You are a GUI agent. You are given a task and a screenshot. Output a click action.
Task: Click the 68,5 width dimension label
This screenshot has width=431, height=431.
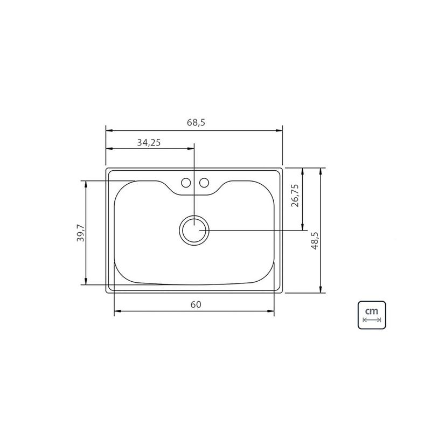click(196, 122)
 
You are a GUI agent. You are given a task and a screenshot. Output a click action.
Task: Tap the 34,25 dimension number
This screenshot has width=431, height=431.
click(149, 142)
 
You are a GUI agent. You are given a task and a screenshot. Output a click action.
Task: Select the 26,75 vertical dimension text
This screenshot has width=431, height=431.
click(295, 196)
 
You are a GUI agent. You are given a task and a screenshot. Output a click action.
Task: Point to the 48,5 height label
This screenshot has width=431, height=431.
click(315, 240)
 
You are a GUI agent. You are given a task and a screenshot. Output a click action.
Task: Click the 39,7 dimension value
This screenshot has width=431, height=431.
click(80, 233)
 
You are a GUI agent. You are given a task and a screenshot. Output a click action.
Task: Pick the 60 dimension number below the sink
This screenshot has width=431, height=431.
click(196, 304)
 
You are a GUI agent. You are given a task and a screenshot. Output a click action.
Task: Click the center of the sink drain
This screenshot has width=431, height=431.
click(194, 231)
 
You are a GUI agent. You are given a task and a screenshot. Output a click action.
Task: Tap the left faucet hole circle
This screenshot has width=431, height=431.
click(186, 183)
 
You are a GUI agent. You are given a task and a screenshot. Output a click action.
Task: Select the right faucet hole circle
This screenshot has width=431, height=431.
click(204, 183)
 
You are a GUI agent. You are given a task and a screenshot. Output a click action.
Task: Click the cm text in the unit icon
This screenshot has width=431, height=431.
click(372, 311)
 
